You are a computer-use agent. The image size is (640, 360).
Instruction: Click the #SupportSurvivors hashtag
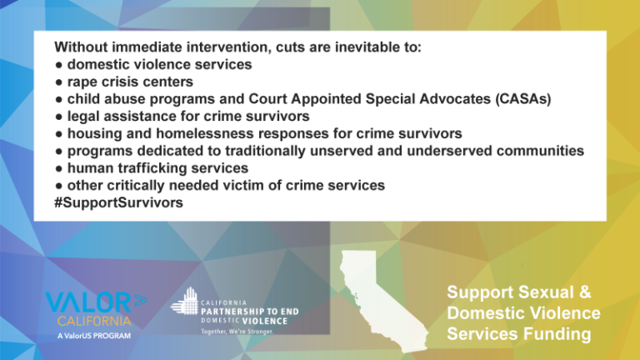click(119, 202)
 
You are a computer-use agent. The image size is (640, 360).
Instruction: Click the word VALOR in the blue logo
click(88, 302)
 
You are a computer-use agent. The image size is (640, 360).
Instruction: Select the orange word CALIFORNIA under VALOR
click(94, 321)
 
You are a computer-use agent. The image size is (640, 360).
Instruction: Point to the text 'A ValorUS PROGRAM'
click(94, 336)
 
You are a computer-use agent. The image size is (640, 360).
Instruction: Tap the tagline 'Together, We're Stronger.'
click(237, 332)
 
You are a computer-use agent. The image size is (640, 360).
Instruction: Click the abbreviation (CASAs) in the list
click(522, 99)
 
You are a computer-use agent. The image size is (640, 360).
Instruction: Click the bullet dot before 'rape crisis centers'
click(59, 82)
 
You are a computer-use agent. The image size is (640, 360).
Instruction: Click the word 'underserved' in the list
click(449, 151)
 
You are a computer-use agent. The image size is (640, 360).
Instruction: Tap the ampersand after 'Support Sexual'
click(584, 292)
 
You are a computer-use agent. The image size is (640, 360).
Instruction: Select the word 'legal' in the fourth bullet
click(83, 117)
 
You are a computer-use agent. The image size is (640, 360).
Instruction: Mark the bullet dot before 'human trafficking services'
click(59, 168)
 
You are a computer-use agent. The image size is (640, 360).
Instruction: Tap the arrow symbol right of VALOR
click(140, 300)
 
